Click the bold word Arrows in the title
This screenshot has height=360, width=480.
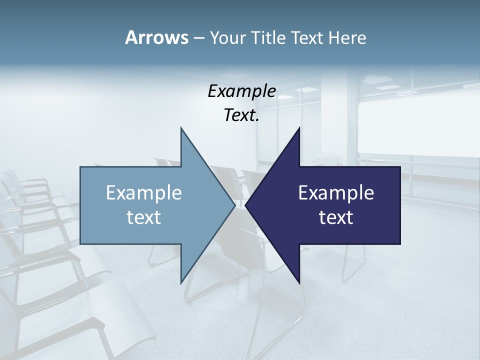(x=156, y=37)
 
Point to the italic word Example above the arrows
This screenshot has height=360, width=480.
(x=242, y=91)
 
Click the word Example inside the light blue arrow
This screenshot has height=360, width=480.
(x=144, y=192)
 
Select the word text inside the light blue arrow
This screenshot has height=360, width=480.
(x=144, y=217)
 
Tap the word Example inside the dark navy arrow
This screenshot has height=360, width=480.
(x=336, y=192)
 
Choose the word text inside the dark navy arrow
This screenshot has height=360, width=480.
(x=336, y=217)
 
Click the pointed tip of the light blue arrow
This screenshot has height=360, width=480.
(x=235, y=205)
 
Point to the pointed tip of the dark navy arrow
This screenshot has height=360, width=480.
(x=245, y=205)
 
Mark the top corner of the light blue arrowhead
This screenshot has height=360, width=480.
(x=181, y=127)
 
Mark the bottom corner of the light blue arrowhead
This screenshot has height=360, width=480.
(x=181, y=283)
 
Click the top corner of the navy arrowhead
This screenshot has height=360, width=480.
(x=299, y=127)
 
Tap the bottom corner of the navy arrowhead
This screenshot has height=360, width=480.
(x=299, y=283)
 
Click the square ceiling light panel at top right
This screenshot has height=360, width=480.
(x=372, y=78)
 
